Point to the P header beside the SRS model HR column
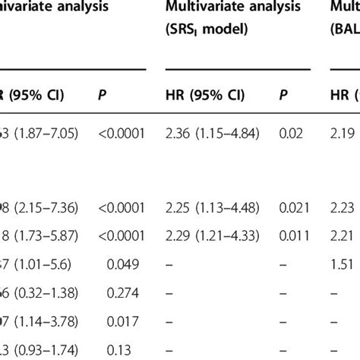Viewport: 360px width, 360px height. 283,96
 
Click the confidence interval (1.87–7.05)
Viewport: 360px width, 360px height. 46,134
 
